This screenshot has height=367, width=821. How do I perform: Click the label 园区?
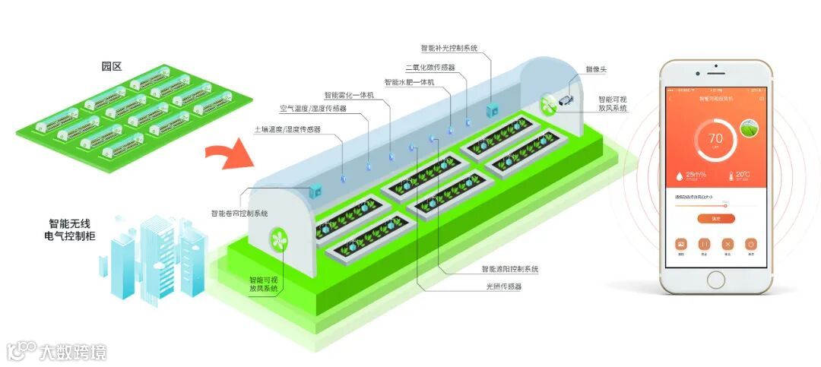tap(112, 66)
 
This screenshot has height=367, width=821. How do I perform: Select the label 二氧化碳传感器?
tap(430, 68)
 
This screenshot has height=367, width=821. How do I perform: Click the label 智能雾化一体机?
tap(350, 96)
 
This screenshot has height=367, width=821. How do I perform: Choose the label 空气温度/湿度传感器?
tap(312, 109)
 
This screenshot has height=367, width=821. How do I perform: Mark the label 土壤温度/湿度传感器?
tap(287, 130)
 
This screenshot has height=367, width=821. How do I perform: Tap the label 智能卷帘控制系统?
tap(239, 214)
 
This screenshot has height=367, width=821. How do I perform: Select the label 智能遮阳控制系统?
tap(509, 269)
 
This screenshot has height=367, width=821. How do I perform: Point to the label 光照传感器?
tap(504, 286)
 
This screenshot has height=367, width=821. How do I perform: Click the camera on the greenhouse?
tap(567, 99)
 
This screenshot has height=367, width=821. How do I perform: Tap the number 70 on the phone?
tap(715, 138)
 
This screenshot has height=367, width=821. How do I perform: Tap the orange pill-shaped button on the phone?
tap(715, 218)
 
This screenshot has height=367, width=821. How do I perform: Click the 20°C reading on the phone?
tap(742, 175)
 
